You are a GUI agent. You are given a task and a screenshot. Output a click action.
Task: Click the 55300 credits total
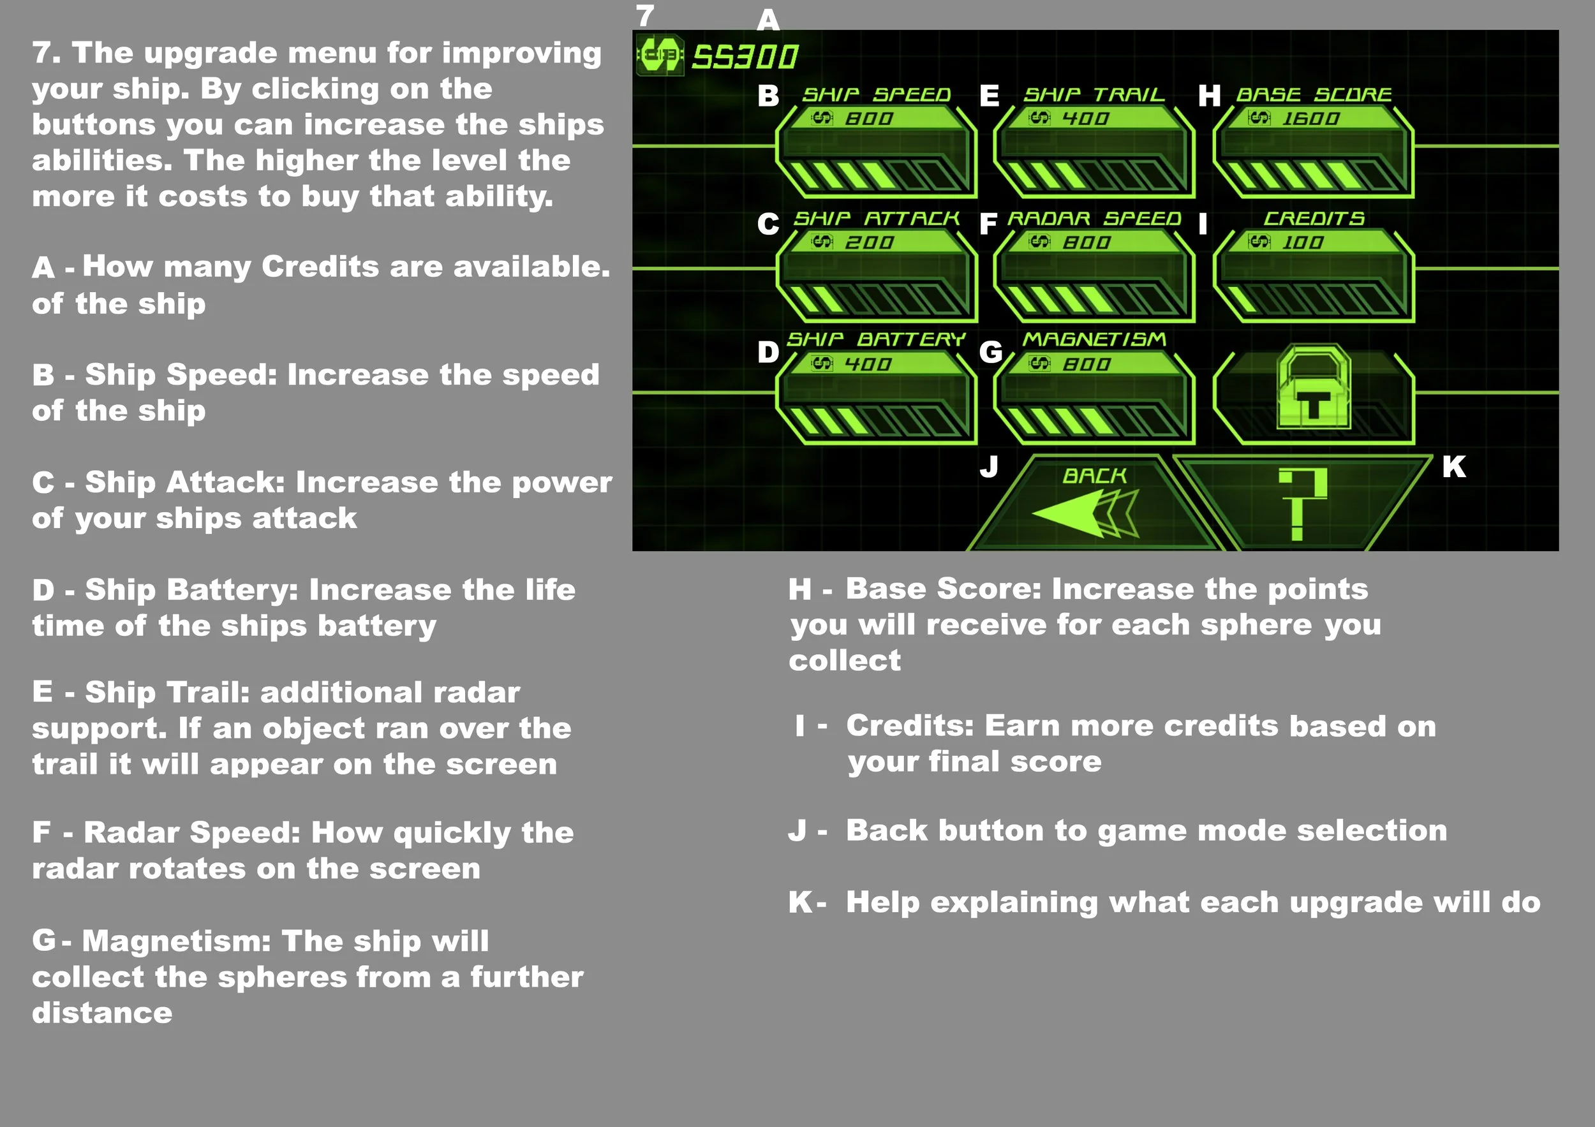745,57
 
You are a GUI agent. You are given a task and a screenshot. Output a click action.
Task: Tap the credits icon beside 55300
659,54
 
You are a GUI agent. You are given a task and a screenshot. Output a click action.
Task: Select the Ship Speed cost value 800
868,119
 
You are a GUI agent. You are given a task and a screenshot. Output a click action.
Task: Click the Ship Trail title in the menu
1094,94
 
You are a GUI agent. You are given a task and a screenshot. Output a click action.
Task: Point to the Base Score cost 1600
1310,119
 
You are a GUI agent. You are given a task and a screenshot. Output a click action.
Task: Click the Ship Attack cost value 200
868,243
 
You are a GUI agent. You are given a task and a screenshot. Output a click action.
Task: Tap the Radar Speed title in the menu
1094,219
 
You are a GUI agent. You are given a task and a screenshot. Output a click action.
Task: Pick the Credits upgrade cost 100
1302,243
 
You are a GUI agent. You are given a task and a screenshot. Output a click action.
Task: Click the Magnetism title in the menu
1094,339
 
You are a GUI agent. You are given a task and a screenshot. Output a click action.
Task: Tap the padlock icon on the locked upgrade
1313,389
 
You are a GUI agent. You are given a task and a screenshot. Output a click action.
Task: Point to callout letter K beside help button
1453,468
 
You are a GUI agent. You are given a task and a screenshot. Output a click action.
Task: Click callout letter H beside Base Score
1209,96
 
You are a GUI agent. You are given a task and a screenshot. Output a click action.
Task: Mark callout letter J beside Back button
988,466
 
